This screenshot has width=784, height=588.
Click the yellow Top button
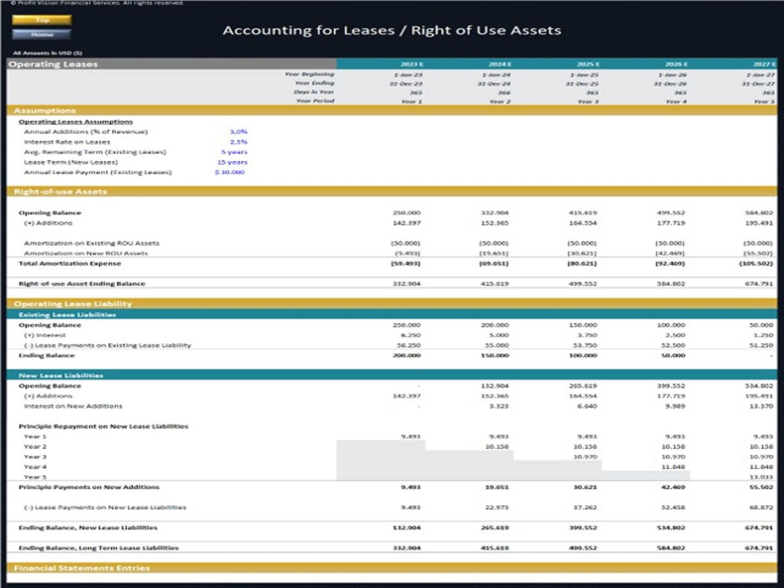point(42,20)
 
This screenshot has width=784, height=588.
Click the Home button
point(42,34)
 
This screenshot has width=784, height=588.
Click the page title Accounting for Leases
point(392,30)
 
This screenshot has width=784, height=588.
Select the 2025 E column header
point(588,64)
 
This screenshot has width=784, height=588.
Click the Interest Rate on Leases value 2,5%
point(238,142)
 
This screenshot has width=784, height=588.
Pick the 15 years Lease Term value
point(232,162)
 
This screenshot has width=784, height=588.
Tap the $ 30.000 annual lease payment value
point(230,172)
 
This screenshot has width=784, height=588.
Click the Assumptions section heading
point(45,111)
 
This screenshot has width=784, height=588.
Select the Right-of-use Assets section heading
point(60,192)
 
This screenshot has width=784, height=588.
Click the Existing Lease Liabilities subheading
point(67,315)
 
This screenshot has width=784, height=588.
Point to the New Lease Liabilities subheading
point(61,376)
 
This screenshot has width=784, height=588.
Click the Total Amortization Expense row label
point(70,263)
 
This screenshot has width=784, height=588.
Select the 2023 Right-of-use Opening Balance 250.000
point(407,213)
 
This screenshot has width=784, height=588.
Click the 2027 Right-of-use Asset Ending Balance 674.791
point(759,283)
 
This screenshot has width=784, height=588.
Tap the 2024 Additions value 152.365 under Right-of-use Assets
point(495,223)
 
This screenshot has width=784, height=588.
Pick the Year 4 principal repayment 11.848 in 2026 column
point(673,467)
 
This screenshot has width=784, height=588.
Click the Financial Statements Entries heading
point(82,568)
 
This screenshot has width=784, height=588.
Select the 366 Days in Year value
point(504,93)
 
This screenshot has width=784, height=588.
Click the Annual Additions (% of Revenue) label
point(86,132)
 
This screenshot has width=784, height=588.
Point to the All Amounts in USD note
point(47,53)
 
